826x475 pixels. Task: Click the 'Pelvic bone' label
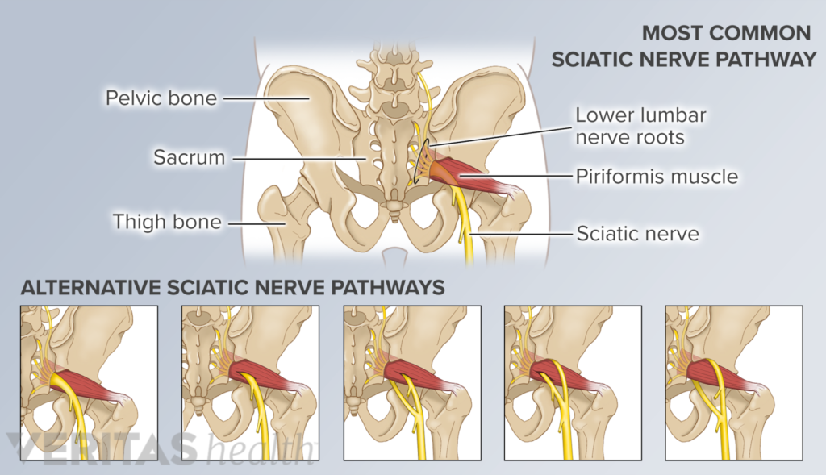pos(161,98)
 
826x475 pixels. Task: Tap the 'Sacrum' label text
pos(189,157)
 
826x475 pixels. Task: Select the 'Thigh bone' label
pos(167,222)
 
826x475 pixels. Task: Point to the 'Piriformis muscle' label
pos(657,177)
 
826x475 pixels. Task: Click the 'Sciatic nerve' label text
pos(638,233)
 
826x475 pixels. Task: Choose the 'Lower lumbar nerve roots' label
pos(640,126)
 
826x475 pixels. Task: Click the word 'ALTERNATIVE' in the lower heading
pos(90,288)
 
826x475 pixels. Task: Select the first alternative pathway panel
pos(89,383)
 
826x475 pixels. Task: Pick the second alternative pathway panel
pos(250,383)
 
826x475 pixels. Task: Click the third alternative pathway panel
pos(412,383)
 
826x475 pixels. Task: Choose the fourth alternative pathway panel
pos(574,383)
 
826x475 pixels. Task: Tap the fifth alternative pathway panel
pos(734,383)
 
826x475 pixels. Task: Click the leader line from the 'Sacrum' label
pos(299,158)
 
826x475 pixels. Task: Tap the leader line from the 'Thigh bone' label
pos(257,223)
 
